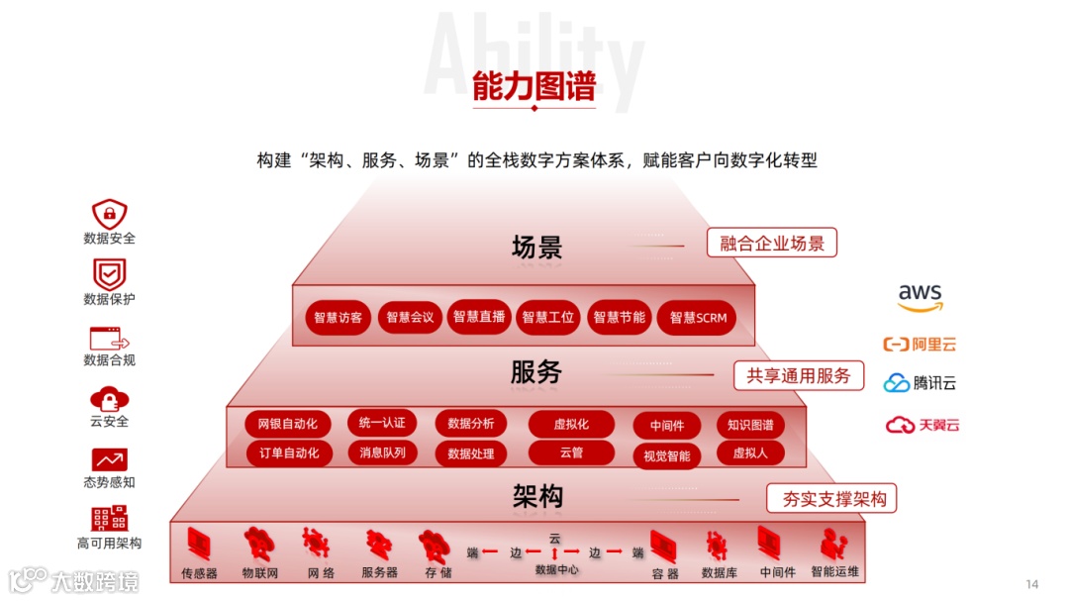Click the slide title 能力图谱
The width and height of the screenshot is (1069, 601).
point(534,87)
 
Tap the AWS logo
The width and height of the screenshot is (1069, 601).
point(921,297)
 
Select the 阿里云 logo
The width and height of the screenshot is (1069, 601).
point(920,345)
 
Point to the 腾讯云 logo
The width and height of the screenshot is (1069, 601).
point(920,383)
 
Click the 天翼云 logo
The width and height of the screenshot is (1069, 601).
point(923,425)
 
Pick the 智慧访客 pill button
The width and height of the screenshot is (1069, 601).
point(338,318)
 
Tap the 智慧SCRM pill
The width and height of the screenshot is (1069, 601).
point(698,318)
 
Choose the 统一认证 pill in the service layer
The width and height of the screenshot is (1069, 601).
point(382,423)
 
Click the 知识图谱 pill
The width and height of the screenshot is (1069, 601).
point(750,425)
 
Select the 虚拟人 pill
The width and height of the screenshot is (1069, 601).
point(750,453)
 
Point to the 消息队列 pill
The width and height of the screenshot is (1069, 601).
point(382,452)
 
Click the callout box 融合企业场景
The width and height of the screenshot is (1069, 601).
point(772,243)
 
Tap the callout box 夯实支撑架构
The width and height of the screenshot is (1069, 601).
point(832,498)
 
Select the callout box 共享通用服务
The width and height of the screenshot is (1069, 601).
point(799,375)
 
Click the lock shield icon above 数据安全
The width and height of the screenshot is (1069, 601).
point(109,213)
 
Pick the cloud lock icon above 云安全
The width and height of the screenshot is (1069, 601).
point(109,398)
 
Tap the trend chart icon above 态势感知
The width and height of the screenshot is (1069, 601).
point(109,459)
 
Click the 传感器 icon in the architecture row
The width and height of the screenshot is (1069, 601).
point(199,545)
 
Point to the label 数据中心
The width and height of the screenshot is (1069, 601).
point(556,569)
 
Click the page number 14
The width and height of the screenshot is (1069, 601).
point(1032,583)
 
